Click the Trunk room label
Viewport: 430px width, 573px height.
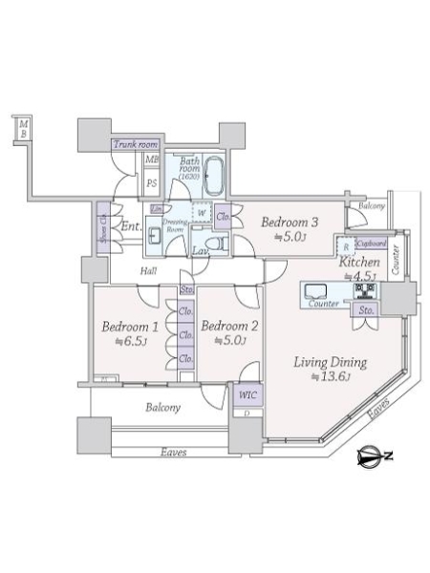(x=135, y=145)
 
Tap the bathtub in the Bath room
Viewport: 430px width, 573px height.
(x=212, y=177)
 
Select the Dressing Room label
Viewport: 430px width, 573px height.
(x=175, y=225)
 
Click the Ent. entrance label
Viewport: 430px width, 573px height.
(x=131, y=226)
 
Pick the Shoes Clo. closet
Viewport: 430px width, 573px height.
(x=101, y=228)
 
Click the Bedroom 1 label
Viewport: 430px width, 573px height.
(x=130, y=326)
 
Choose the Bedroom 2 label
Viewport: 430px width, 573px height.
(x=229, y=326)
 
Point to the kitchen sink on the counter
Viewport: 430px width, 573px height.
(x=316, y=290)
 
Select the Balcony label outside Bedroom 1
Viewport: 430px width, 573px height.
(x=163, y=408)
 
